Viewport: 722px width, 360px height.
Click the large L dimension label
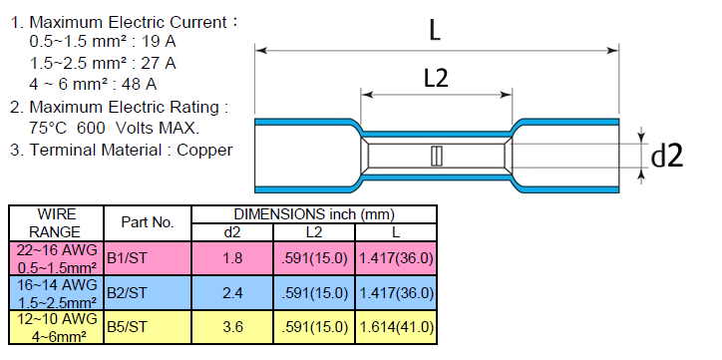pyautogui.click(x=435, y=31)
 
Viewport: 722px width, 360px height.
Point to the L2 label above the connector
pyautogui.click(x=436, y=78)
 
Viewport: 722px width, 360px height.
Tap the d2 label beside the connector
pyautogui.click(x=667, y=157)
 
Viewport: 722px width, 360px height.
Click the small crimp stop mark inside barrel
pyautogui.click(x=436, y=156)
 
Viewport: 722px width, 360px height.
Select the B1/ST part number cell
pyautogui.click(x=148, y=258)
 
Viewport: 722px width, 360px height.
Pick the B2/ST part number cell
pyautogui.click(x=148, y=293)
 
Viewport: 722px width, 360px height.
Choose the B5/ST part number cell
pyautogui.click(x=148, y=327)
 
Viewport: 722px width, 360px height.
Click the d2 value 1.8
pyautogui.click(x=232, y=258)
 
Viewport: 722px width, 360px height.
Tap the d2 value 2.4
pyautogui.click(x=232, y=293)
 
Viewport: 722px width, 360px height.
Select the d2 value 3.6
pyautogui.click(x=232, y=327)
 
